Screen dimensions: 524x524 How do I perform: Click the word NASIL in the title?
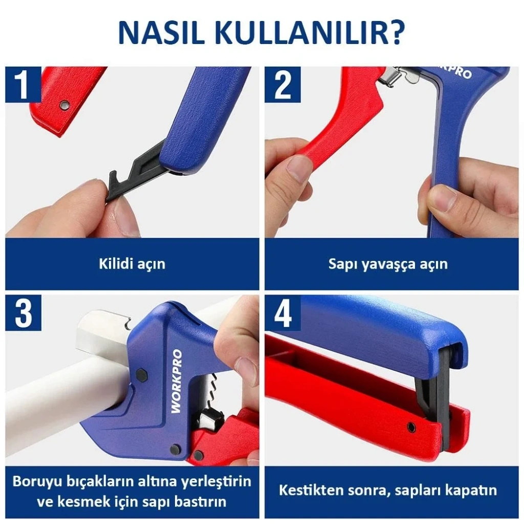[x=161, y=33]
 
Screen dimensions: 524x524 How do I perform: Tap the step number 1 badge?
[x=23, y=84]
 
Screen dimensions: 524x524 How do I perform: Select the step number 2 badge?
[x=282, y=84]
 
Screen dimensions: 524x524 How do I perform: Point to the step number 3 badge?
[x=23, y=313]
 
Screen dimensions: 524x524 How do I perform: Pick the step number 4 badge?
[x=282, y=313]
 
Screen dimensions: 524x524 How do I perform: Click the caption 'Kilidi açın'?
[x=132, y=264]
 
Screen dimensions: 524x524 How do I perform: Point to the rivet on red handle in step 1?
[x=64, y=105]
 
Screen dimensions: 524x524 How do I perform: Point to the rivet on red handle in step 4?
[x=411, y=427]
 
